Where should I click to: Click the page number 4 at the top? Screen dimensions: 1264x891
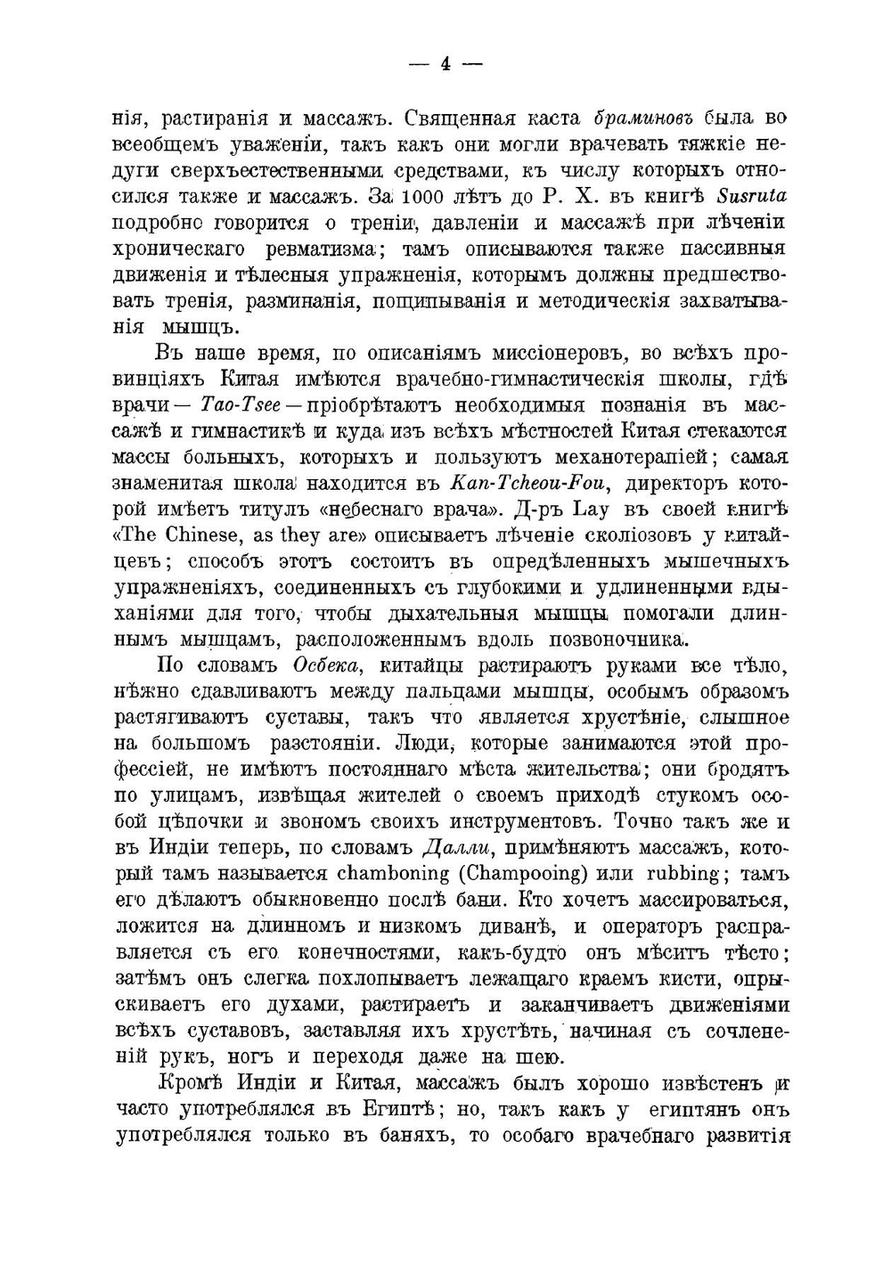point(445,64)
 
